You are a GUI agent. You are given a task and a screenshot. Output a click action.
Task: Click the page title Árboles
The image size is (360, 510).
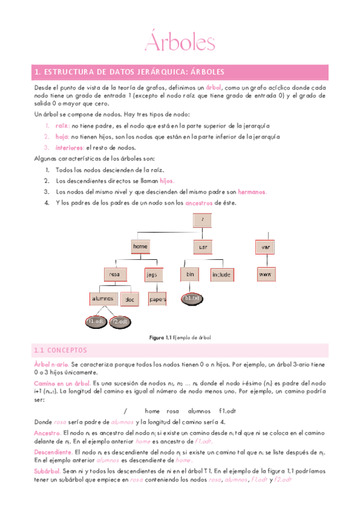pos(179,43)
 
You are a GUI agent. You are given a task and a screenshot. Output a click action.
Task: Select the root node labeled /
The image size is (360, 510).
pos(203,220)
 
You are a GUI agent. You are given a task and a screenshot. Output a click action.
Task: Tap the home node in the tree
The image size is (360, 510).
pos(140,247)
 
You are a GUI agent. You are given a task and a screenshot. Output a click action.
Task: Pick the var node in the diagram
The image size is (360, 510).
pos(264,247)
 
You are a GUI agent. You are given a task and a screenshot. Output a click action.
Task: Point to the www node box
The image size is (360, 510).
pos(264,274)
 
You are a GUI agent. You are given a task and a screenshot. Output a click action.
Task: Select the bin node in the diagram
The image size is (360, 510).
pos(190,274)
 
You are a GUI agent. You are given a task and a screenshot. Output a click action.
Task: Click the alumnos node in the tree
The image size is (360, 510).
pos(103,298)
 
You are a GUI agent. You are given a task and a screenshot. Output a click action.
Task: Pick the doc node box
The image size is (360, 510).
pos(129,299)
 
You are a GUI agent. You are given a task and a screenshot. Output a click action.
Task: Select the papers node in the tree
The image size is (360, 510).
pos(157,299)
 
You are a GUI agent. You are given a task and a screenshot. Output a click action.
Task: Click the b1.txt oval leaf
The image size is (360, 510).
pos(192,298)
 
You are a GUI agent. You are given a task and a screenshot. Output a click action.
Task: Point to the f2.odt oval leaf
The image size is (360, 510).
pos(121,322)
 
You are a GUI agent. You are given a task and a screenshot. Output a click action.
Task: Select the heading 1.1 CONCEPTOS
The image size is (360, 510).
pos(61,350)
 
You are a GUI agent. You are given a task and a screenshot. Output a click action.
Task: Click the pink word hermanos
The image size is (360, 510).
pos(252,192)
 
